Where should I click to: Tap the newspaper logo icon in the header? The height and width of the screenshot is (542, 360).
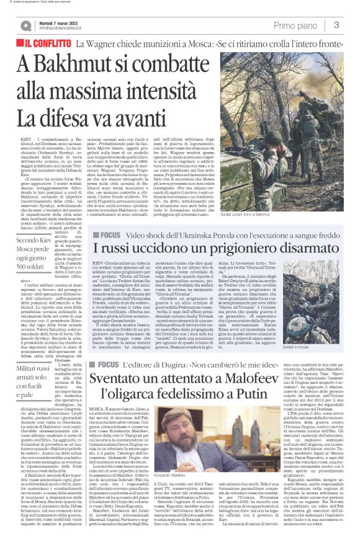pyautogui.click(x=25, y=25)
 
